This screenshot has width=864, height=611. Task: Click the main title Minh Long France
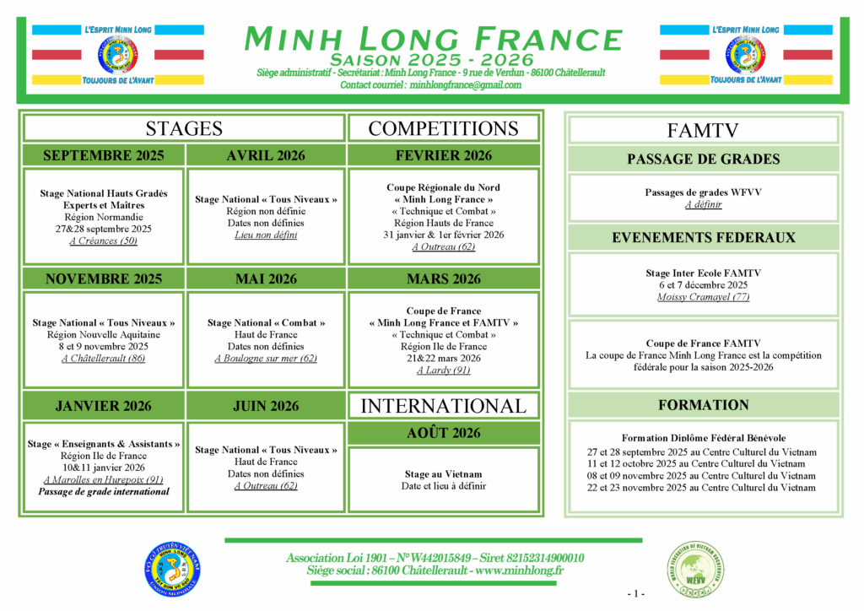432,39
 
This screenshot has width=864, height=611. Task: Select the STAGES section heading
184,128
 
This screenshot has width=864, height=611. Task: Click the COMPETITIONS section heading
443,128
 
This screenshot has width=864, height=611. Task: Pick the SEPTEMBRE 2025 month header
103,155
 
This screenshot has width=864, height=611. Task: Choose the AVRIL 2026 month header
266,155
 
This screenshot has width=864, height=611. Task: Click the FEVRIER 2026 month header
443,155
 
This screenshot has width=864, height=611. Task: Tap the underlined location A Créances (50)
103,241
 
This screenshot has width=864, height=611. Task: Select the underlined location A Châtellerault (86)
103,358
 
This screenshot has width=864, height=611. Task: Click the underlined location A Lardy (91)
443,370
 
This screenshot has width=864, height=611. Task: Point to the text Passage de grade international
103,491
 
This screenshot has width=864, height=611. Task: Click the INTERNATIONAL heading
443,405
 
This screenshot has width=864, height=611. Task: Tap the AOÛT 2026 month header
443,433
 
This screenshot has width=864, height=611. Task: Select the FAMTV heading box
702,130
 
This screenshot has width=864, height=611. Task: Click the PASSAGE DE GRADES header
702,159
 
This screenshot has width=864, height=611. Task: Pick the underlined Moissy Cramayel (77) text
702,297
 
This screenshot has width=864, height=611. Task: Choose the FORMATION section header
702,405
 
